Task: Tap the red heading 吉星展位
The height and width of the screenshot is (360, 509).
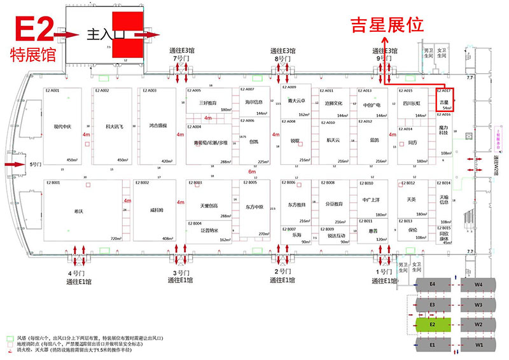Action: pyautogui.click(x=387, y=25)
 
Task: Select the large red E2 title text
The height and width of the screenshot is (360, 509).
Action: pyautogui.click(x=32, y=29)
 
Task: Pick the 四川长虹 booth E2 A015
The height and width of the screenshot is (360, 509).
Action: pyautogui.click(x=412, y=102)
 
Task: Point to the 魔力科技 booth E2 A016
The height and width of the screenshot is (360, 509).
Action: pyautogui.click(x=443, y=131)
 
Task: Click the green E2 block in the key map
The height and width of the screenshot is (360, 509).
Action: pyautogui.click(x=432, y=324)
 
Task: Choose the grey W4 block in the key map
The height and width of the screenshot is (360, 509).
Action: pyautogui.click(x=478, y=284)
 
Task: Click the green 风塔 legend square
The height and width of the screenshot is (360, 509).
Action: pyautogui.click(x=10, y=337)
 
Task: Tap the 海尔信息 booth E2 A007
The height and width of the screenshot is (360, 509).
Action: pyautogui.click(x=253, y=102)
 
